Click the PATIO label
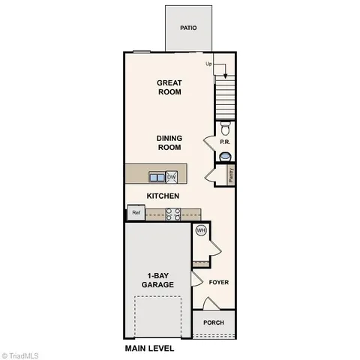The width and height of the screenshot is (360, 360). tap(188, 28)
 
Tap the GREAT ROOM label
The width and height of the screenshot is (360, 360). tap(169, 87)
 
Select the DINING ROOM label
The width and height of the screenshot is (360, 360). tap(169, 142)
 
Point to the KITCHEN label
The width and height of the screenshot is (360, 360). tap(162, 196)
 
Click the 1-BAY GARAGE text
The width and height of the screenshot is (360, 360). tap(157, 280)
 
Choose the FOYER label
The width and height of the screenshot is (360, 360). tap(219, 283)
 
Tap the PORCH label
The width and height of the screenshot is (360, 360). tap(214, 322)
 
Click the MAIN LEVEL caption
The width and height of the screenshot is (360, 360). tap(149, 349)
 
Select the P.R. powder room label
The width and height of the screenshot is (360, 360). tap(224, 142)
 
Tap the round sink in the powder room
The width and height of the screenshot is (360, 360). tap(226, 156)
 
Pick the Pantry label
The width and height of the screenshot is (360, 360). tap(231, 175)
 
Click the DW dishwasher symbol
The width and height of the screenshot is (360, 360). tap(172, 177)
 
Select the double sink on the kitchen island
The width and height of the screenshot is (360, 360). tap(157, 177)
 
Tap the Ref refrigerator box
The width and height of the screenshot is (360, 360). tap(136, 213)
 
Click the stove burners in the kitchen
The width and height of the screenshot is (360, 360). tap(172, 214)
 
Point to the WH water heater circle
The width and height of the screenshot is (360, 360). tap(201, 230)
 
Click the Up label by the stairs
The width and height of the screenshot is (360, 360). tap(209, 64)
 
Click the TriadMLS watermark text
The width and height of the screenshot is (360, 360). tap(22, 354)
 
